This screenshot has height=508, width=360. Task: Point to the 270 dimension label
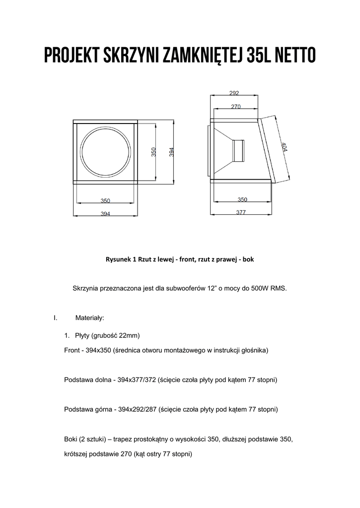pyautogui.click(x=236, y=106)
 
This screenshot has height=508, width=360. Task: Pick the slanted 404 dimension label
pyautogui.click(x=284, y=148)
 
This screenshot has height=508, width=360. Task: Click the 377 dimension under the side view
pyautogui.click(x=241, y=212)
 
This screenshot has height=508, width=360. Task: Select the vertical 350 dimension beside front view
pyautogui.click(x=154, y=152)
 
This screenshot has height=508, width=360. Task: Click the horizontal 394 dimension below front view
pyautogui.click(x=105, y=214)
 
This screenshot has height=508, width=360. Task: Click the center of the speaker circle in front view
pyautogui.click(x=105, y=152)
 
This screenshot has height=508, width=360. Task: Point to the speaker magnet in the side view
pyautogui.click(x=239, y=150)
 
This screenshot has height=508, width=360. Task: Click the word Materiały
pyautogui.click(x=89, y=317)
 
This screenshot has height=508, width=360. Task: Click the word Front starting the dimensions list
pyautogui.click(x=72, y=350)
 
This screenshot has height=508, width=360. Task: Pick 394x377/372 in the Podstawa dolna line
pyautogui.click(x=136, y=380)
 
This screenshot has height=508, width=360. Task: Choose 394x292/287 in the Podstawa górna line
pyautogui.click(x=136, y=410)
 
